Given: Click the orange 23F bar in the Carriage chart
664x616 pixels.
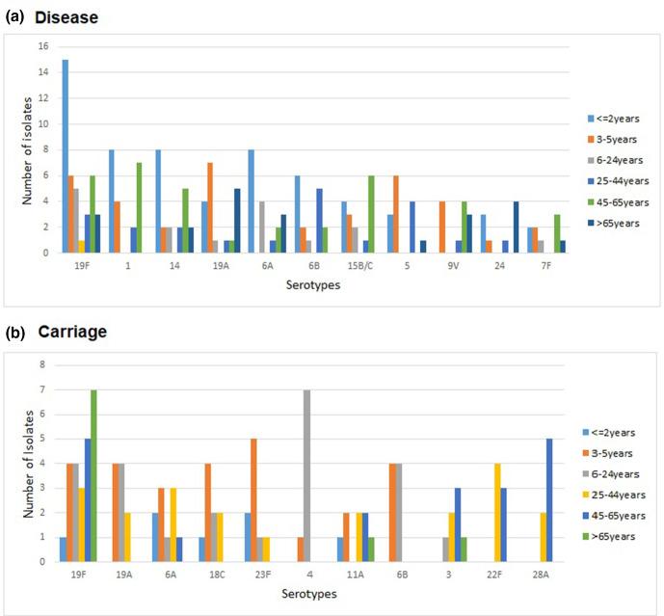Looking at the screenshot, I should (253, 500).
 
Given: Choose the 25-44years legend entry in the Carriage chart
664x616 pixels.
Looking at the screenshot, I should (618, 495).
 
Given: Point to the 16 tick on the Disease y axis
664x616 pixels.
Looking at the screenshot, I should (42, 46).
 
